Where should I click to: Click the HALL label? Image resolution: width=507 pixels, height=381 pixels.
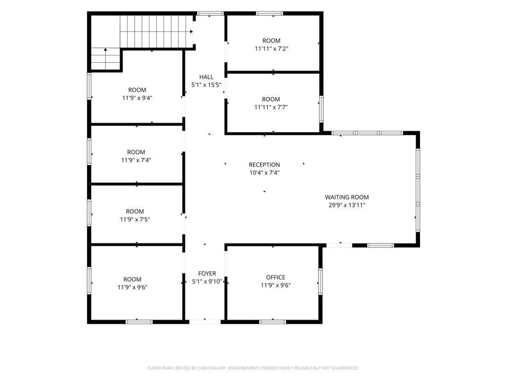pyautogui.click(x=206, y=77)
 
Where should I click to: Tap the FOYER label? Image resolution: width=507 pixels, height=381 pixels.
pyautogui.click(x=207, y=274)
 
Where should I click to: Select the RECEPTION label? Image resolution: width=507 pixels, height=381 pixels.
pyautogui.click(x=264, y=165)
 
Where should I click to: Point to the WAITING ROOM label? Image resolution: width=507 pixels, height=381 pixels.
pyautogui.click(x=347, y=197)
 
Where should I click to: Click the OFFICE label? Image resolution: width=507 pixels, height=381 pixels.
pyautogui.click(x=275, y=278)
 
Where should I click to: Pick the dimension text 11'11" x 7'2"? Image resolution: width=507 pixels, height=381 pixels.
pyautogui.click(x=272, y=49)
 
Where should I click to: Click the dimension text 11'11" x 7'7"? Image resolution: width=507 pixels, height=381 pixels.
pyautogui.click(x=271, y=108)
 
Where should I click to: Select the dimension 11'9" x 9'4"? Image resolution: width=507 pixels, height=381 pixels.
pyautogui.click(x=137, y=98)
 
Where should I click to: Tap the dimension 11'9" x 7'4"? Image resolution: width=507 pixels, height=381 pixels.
pyautogui.click(x=136, y=160)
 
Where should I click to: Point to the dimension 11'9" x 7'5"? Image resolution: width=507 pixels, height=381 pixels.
pyautogui.click(x=135, y=220)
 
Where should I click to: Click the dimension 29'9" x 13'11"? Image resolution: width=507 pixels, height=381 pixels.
pyautogui.click(x=347, y=205)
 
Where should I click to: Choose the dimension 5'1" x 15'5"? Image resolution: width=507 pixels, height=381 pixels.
pyautogui.click(x=206, y=85)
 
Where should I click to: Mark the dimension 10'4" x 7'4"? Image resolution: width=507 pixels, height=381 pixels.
pyautogui.click(x=264, y=173)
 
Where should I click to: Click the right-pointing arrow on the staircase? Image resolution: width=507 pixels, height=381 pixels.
pyautogui.click(x=192, y=31)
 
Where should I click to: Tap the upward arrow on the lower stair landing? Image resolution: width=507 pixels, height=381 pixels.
pyautogui.click(x=105, y=50)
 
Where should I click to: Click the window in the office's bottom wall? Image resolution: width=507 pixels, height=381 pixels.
pyautogui.click(x=273, y=321)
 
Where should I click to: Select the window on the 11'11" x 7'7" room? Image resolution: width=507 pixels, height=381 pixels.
pyautogui.click(x=321, y=109)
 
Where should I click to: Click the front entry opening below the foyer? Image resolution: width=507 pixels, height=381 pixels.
pyautogui.click(x=205, y=321)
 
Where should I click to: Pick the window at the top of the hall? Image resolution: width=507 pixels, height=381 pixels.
pyautogui.click(x=210, y=13)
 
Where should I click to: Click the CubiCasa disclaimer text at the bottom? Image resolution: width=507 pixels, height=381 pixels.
pyautogui.click(x=253, y=368)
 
